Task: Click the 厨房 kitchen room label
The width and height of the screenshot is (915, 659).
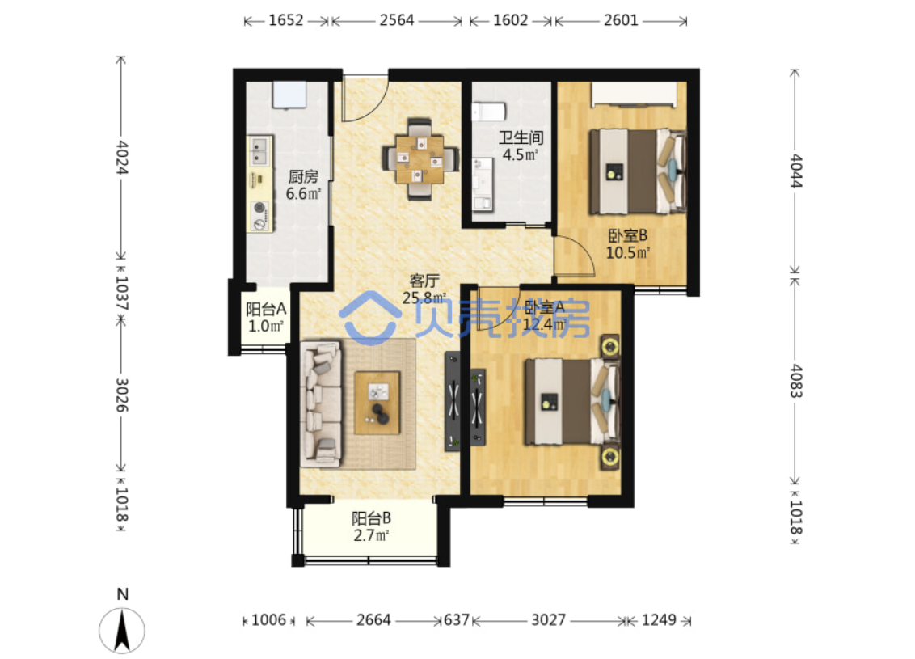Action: tap(303, 176)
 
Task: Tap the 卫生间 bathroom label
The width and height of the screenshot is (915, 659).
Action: tap(521, 137)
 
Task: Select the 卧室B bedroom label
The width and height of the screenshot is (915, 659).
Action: tap(628, 236)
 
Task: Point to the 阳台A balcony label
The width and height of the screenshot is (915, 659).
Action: tap(265, 309)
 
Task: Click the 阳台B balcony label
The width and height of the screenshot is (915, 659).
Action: tap(371, 518)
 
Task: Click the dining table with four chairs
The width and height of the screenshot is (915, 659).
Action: tap(420, 158)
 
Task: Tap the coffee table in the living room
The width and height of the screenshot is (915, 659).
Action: tap(377, 403)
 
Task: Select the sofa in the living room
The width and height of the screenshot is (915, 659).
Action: tap(320, 404)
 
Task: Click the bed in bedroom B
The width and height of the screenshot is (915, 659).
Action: tap(637, 171)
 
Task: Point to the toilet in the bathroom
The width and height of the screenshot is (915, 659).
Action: tap(488, 111)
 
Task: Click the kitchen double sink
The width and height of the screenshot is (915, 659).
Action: tap(259, 150)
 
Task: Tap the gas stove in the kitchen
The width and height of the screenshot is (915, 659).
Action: tap(260, 215)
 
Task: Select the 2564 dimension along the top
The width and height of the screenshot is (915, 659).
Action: tap(397, 20)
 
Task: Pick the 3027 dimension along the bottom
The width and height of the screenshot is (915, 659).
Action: tap(549, 619)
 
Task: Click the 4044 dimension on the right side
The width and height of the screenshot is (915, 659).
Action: tap(796, 171)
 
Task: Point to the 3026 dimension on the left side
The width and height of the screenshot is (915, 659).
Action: tap(121, 395)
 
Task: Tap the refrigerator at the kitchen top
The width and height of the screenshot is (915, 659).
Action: tap(289, 95)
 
